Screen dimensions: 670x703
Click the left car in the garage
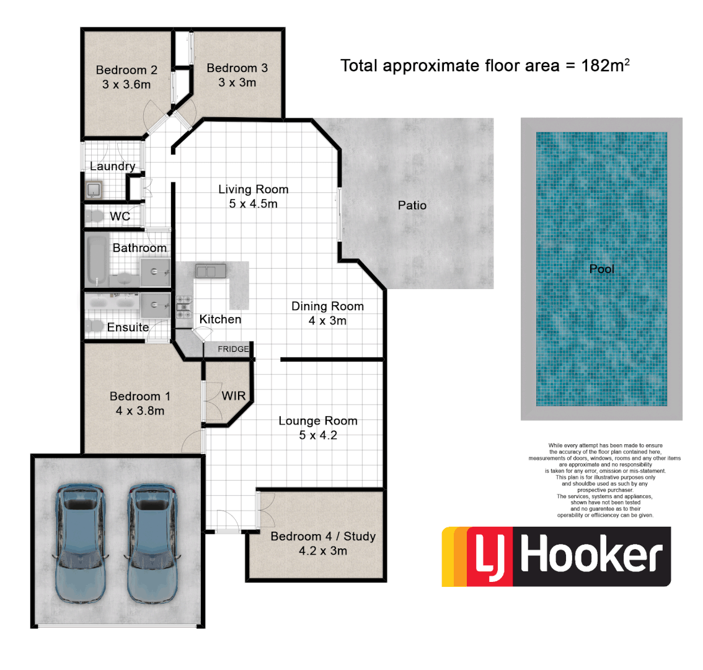coord(79,543)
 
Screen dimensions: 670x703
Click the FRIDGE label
coord(233,349)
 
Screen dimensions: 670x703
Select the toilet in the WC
coord(95,216)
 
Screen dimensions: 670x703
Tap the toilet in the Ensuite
coord(94,325)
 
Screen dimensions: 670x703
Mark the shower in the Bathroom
coord(154,271)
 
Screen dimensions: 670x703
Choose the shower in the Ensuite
coord(154,305)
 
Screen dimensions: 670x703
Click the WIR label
coord(234,396)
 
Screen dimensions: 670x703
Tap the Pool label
coord(601,269)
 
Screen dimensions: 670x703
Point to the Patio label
coord(412,205)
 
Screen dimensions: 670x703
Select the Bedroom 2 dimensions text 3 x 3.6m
coord(126,84)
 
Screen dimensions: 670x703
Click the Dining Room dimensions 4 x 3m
coord(327,321)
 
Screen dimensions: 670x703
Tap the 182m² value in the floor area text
coord(605,65)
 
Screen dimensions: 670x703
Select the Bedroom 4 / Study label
coord(323,536)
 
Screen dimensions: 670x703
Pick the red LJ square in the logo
coord(489,556)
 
